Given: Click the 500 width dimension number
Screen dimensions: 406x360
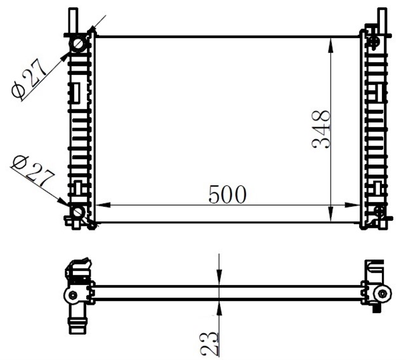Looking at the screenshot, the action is (227, 194).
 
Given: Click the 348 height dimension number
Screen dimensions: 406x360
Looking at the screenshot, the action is (322, 130).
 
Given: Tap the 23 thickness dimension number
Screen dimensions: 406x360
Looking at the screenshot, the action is (209, 343).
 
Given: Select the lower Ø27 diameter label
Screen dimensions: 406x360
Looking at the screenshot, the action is (33, 171).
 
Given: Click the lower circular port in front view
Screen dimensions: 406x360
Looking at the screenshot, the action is (77, 212).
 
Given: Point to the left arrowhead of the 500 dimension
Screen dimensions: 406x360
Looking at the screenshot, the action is (103, 204).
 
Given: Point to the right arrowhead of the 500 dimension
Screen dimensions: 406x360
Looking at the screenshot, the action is (352, 205).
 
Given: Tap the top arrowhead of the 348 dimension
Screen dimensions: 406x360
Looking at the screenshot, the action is (331, 46).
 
